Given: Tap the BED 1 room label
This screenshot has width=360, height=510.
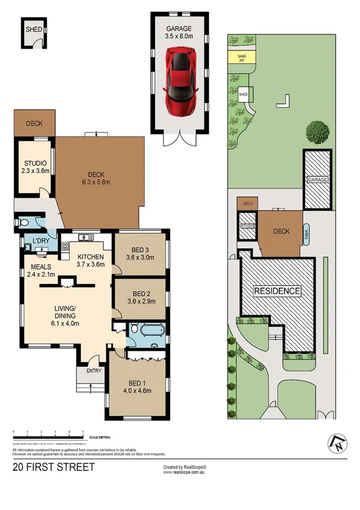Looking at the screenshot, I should (136, 387).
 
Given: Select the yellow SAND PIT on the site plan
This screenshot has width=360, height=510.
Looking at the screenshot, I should (241, 58).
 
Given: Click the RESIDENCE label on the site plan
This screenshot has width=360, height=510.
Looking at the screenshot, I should (277, 291).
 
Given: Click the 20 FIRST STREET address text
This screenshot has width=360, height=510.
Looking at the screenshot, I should (53, 467).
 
